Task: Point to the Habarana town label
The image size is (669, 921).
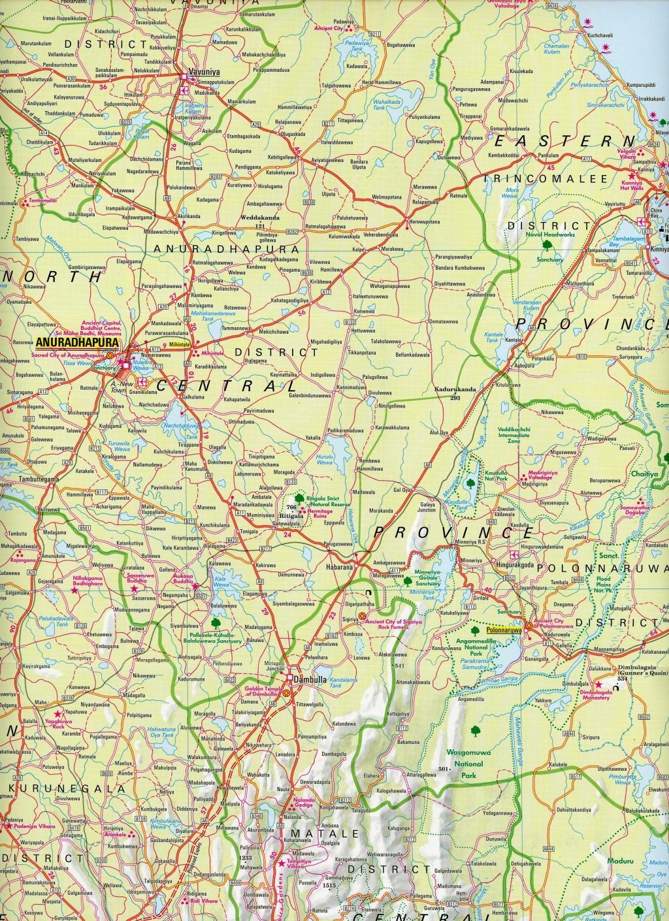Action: (x=339, y=568)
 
